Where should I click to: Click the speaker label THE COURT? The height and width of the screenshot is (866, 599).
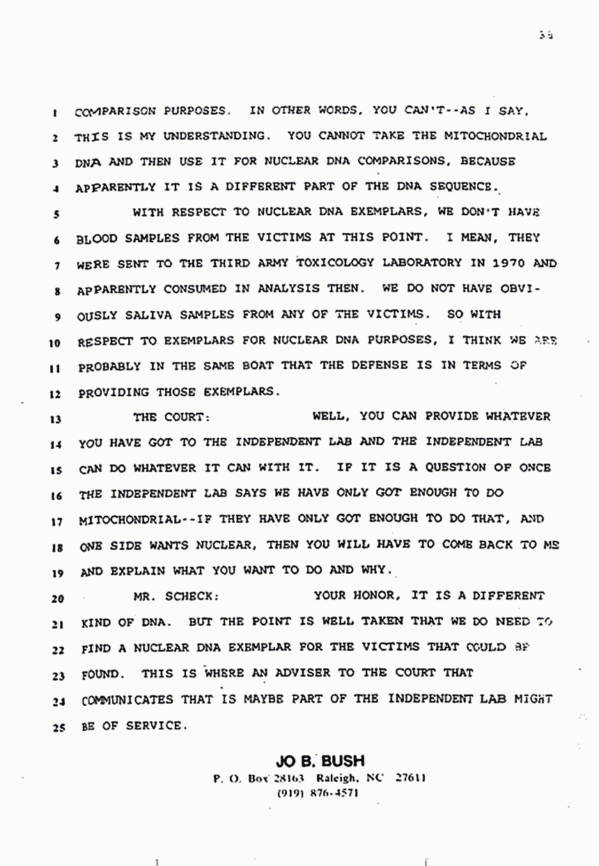click(x=171, y=418)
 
